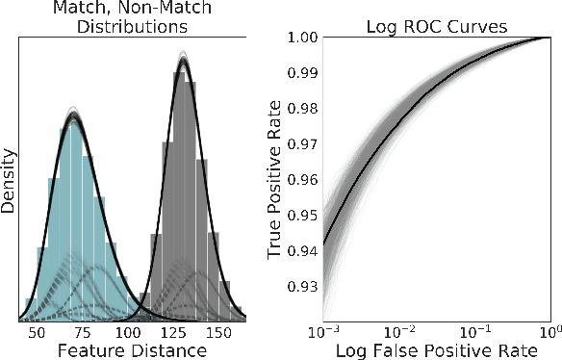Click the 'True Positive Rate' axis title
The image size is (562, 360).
(276, 180)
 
